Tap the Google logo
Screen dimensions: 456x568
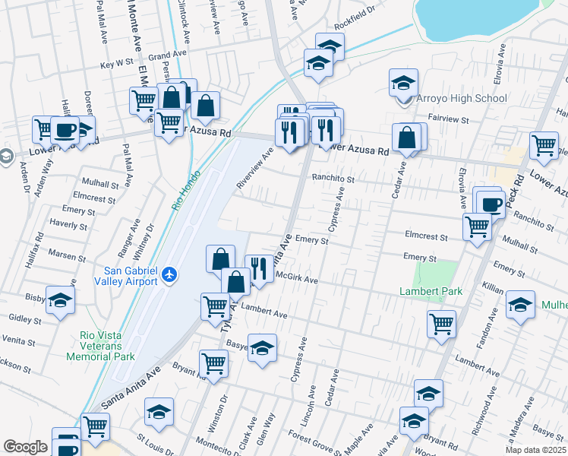coord(25,447)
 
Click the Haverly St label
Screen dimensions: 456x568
coord(68,224)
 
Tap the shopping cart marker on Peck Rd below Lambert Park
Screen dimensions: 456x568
coord(441,324)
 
